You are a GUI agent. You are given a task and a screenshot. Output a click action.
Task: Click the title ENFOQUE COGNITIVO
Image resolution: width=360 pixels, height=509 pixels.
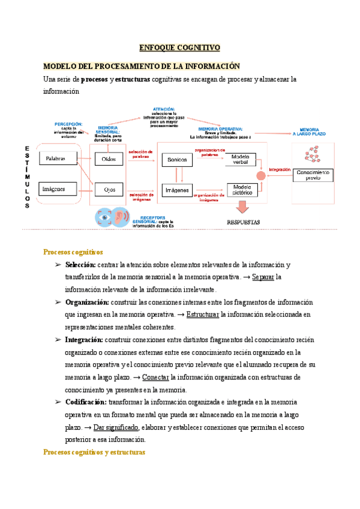point(180,47)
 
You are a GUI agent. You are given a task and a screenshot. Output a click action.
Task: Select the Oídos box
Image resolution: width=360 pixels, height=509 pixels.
point(109,159)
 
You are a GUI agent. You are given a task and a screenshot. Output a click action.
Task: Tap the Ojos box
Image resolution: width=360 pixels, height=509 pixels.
point(109,190)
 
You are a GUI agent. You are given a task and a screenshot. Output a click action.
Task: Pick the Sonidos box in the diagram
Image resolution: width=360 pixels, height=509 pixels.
point(177,160)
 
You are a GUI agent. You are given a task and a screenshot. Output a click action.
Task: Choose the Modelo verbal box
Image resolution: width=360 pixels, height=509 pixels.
point(240,159)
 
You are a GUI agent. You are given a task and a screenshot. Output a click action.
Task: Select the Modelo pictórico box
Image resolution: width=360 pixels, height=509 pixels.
point(241,189)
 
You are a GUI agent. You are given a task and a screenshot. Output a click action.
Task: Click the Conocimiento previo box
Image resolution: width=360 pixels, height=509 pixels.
point(313,175)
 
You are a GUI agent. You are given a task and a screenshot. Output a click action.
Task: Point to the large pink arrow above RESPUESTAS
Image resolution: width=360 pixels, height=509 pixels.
point(242,207)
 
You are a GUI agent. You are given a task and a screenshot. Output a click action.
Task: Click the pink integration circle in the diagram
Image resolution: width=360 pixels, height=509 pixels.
point(260,175)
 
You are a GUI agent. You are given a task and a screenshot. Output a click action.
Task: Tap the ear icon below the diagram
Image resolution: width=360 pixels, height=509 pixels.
point(121,217)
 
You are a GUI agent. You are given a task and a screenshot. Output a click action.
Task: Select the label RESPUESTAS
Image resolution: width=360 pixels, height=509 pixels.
point(243,222)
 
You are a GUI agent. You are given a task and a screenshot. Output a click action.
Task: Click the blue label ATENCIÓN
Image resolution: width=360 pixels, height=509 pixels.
point(164,108)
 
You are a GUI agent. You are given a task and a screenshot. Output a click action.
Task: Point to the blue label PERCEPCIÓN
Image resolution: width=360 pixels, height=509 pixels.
point(69,124)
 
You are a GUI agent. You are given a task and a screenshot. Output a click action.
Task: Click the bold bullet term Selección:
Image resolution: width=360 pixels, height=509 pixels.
point(80,265)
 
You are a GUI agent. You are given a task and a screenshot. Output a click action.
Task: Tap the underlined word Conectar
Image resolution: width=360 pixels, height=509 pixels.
point(155,377)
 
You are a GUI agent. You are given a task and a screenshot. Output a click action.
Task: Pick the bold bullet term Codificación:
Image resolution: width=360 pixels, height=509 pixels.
point(86,402)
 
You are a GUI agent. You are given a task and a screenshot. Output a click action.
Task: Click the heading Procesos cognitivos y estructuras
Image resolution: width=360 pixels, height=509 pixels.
point(95,452)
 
